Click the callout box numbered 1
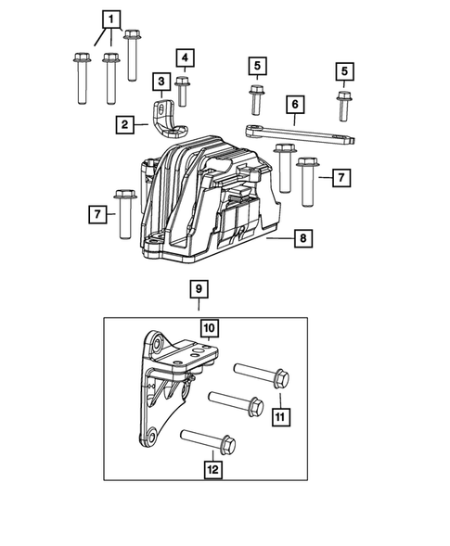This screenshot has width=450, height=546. pos(110,19)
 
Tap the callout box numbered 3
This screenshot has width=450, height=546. pos(161,82)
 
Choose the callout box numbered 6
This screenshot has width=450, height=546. pos(294,107)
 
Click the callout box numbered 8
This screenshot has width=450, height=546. pos(303,240)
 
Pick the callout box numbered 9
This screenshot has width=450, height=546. pos(199,289)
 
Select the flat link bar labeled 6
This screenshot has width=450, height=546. pos(306,134)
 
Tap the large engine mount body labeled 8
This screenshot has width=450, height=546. pos(209,199)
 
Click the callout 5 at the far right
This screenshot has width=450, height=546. pos(345,70)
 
